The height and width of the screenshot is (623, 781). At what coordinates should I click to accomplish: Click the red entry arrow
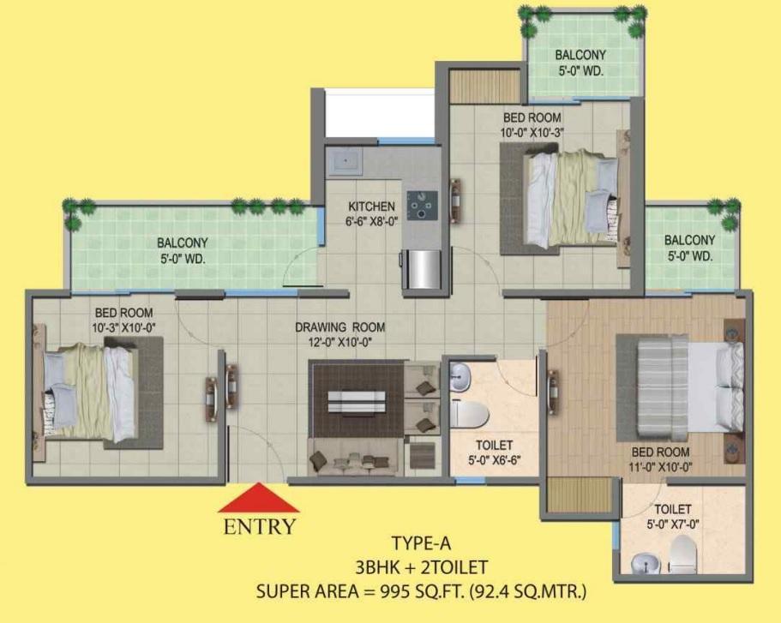[x=259, y=498]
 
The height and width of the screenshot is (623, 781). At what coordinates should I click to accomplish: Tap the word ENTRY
[x=260, y=527]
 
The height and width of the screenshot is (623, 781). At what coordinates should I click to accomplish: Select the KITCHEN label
[x=371, y=207]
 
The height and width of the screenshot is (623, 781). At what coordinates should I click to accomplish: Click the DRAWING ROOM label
[x=340, y=327]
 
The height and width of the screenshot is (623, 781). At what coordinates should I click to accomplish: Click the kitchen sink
[x=345, y=161]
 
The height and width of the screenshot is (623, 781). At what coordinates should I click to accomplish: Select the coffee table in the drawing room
[x=357, y=401]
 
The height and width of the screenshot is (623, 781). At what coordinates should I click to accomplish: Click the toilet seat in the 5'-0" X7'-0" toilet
[x=682, y=554]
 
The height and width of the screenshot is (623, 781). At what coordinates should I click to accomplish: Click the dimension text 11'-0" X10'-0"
[x=660, y=468]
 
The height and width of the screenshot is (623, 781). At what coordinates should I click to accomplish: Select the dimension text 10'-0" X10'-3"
[x=532, y=133]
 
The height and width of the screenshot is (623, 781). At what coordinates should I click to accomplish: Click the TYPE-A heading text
[x=422, y=543]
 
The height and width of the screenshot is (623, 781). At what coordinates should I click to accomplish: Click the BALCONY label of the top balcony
[x=580, y=54]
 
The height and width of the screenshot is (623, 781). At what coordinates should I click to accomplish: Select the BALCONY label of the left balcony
[x=183, y=243]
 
